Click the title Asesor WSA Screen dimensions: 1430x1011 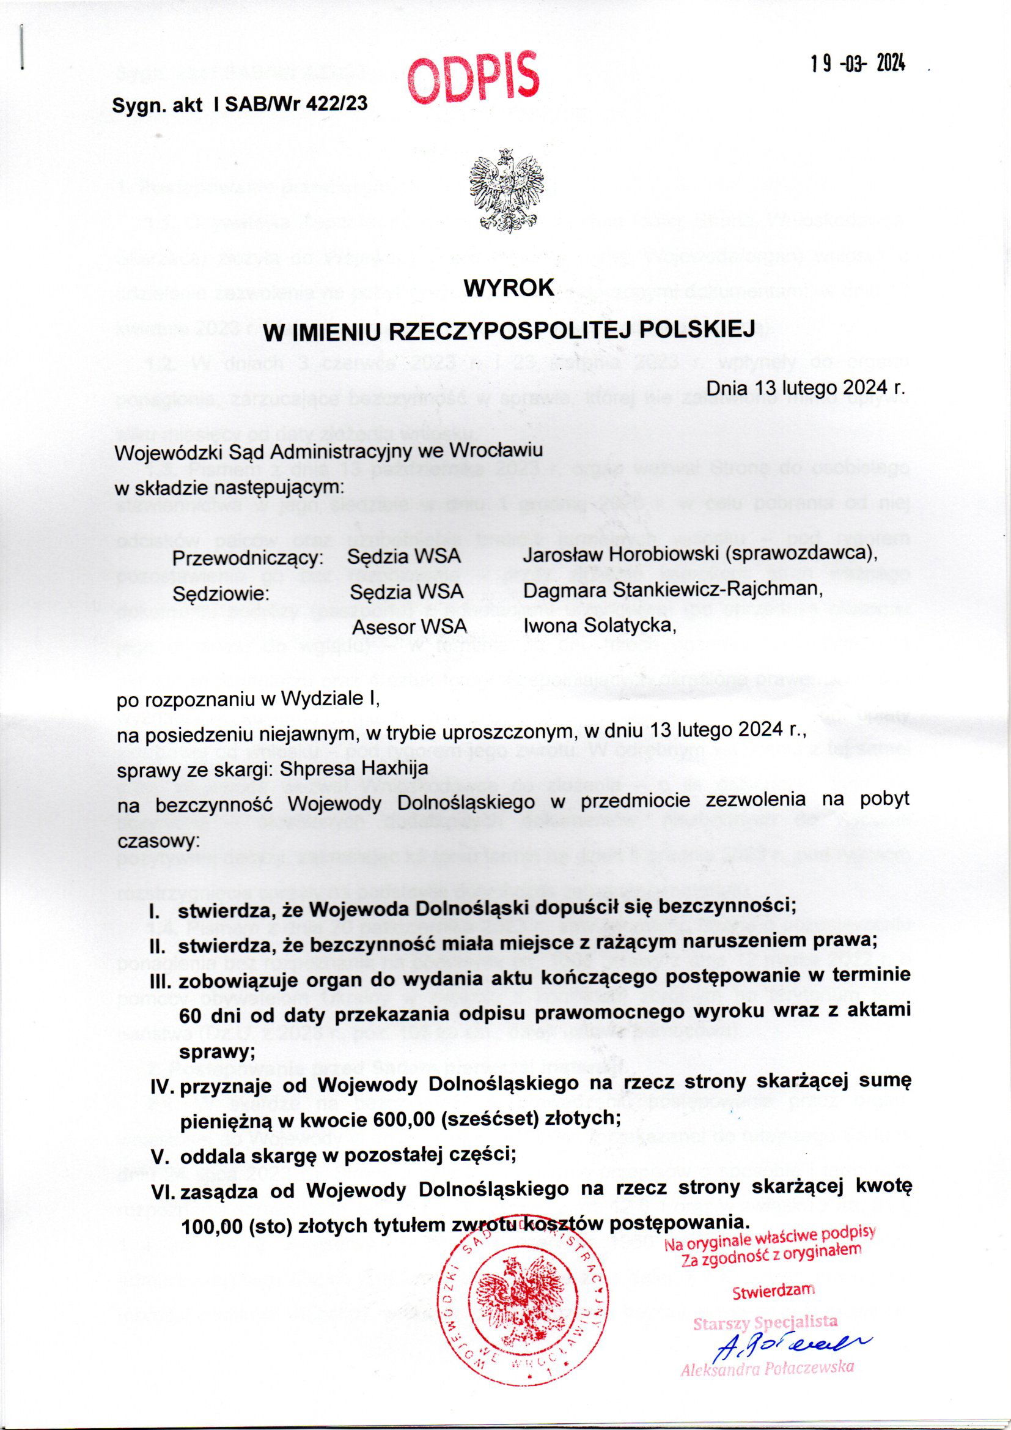click(410, 626)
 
